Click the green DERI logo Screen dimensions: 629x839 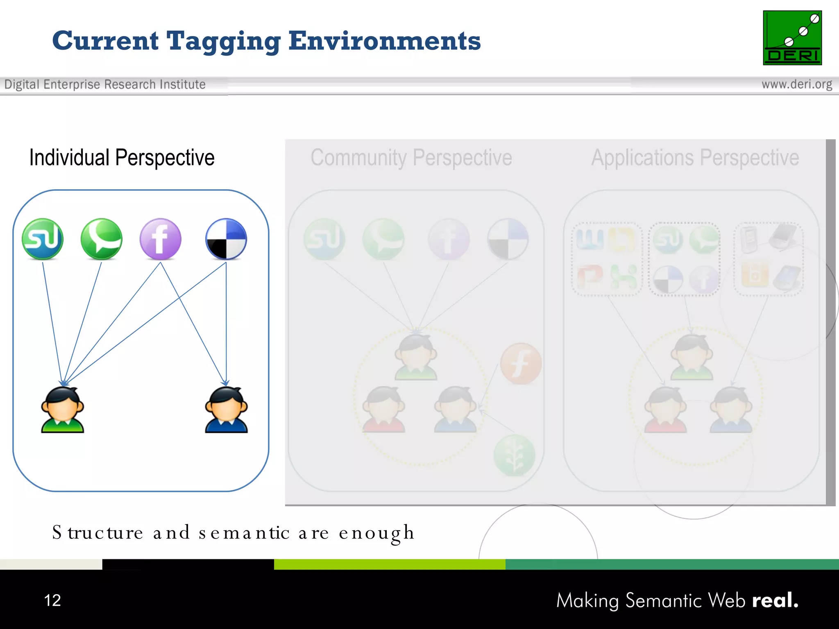(x=792, y=38)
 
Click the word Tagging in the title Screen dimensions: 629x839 (x=224, y=42)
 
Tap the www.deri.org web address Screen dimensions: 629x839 (x=796, y=84)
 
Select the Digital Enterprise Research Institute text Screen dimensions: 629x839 (x=105, y=84)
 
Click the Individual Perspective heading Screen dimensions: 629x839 (x=122, y=158)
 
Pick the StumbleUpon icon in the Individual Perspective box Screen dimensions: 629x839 (x=43, y=239)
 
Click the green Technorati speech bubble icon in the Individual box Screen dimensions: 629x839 (x=101, y=239)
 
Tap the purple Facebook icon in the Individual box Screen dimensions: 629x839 (x=161, y=239)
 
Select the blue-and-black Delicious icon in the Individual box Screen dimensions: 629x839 (x=226, y=239)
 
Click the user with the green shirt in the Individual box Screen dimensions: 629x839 (x=62, y=410)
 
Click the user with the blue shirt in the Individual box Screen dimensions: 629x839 (x=226, y=410)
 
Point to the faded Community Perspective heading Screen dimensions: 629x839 (x=411, y=158)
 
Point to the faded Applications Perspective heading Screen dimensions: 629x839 (x=695, y=158)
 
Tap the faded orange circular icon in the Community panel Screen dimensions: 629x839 (x=521, y=364)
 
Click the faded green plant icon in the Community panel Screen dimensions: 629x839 (x=514, y=455)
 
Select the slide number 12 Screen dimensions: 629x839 (x=52, y=600)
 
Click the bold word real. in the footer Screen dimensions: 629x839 (x=775, y=600)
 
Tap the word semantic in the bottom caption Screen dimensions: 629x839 (x=244, y=533)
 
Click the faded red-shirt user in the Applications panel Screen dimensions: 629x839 (x=665, y=410)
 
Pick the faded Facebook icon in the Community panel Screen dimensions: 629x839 (x=449, y=239)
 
